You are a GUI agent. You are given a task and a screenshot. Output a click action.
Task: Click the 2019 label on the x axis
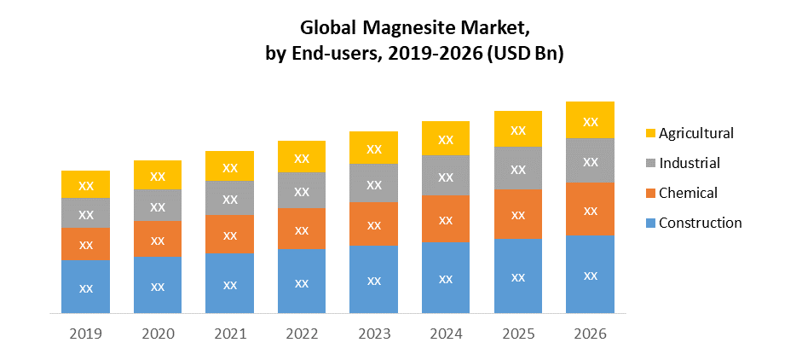pyautogui.click(x=85, y=334)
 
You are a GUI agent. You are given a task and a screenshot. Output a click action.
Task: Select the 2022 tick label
pyautogui.click(x=302, y=334)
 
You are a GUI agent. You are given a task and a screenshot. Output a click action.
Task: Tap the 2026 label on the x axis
pyautogui.click(x=590, y=334)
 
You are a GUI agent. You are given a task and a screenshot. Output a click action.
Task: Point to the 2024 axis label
pyautogui.click(x=446, y=334)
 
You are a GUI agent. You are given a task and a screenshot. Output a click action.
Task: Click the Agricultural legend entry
pyautogui.click(x=695, y=133)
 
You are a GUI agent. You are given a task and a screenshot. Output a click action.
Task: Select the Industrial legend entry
pyautogui.click(x=689, y=163)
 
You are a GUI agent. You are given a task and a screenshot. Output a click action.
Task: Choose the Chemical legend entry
pyautogui.click(x=688, y=193)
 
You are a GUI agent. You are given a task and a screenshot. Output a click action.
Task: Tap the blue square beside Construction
pyautogui.click(x=651, y=224)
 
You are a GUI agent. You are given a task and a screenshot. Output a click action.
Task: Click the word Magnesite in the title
pyautogui.click(x=427, y=26)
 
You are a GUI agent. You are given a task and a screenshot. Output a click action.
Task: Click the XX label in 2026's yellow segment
pyautogui.click(x=590, y=121)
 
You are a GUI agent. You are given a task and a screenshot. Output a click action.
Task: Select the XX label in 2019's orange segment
pyautogui.click(x=85, y=245)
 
